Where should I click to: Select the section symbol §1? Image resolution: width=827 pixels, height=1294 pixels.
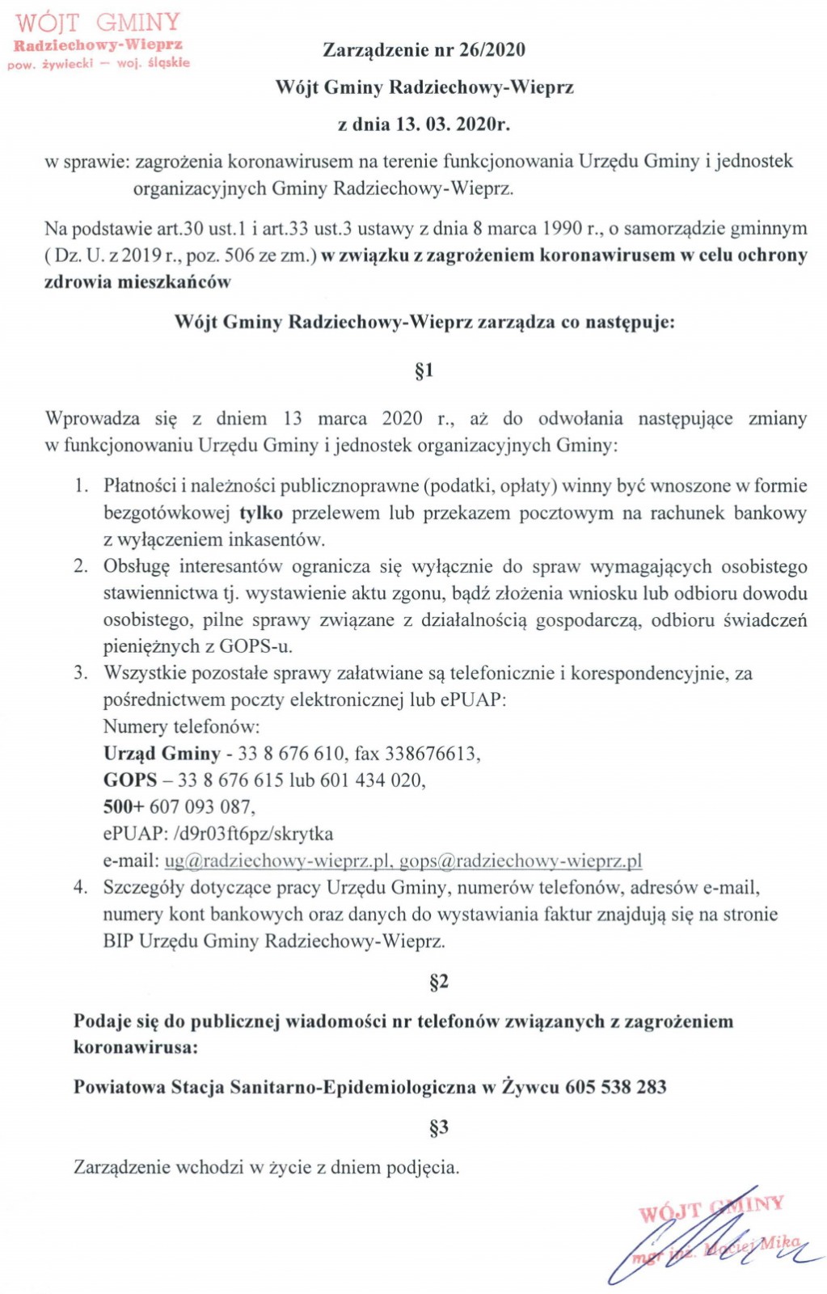424,370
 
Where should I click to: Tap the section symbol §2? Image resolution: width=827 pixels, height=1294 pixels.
438,982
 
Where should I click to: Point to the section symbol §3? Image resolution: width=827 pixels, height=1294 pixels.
438,1127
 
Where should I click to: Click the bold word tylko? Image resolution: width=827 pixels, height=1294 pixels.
261,513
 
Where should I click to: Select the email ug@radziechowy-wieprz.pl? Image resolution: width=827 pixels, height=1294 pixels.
278,861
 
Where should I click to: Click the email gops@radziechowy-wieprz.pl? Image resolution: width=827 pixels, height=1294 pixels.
521,861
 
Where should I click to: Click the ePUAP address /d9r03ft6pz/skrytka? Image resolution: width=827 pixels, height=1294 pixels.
253,834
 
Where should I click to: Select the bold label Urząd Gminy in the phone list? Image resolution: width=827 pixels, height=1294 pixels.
162,754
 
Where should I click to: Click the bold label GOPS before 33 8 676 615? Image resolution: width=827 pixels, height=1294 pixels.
130,780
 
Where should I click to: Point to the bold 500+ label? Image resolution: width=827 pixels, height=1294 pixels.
123,807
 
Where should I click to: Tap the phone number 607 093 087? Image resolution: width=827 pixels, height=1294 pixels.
200,807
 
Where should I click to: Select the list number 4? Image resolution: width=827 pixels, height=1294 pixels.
80,887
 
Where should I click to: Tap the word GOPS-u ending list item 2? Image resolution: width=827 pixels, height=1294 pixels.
255,646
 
